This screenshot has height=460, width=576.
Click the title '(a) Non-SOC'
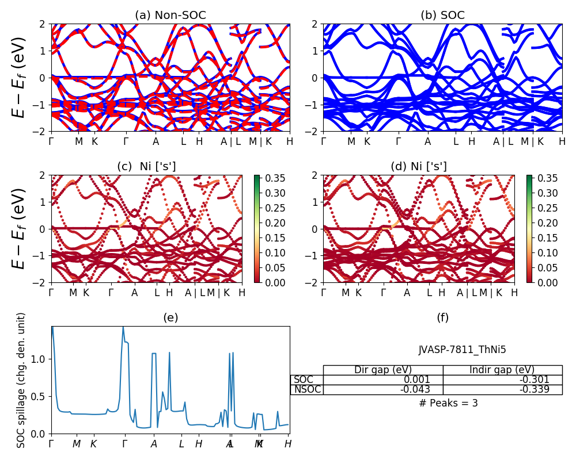[170, 16]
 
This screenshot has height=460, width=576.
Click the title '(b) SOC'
[443, 16]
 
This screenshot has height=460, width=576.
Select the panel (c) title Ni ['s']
[146, 167]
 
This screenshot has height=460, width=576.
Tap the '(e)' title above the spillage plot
[170, 317]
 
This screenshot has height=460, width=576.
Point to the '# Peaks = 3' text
[449, 403]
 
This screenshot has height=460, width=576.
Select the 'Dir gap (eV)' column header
[383, 370]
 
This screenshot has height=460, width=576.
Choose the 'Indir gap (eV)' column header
[502, 370]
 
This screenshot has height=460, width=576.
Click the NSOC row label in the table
[306, 389]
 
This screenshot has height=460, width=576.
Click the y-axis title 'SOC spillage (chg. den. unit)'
[21, 380]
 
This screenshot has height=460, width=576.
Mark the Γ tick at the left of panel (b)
[324, 141]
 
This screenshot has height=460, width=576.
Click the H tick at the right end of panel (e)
[288, 444]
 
